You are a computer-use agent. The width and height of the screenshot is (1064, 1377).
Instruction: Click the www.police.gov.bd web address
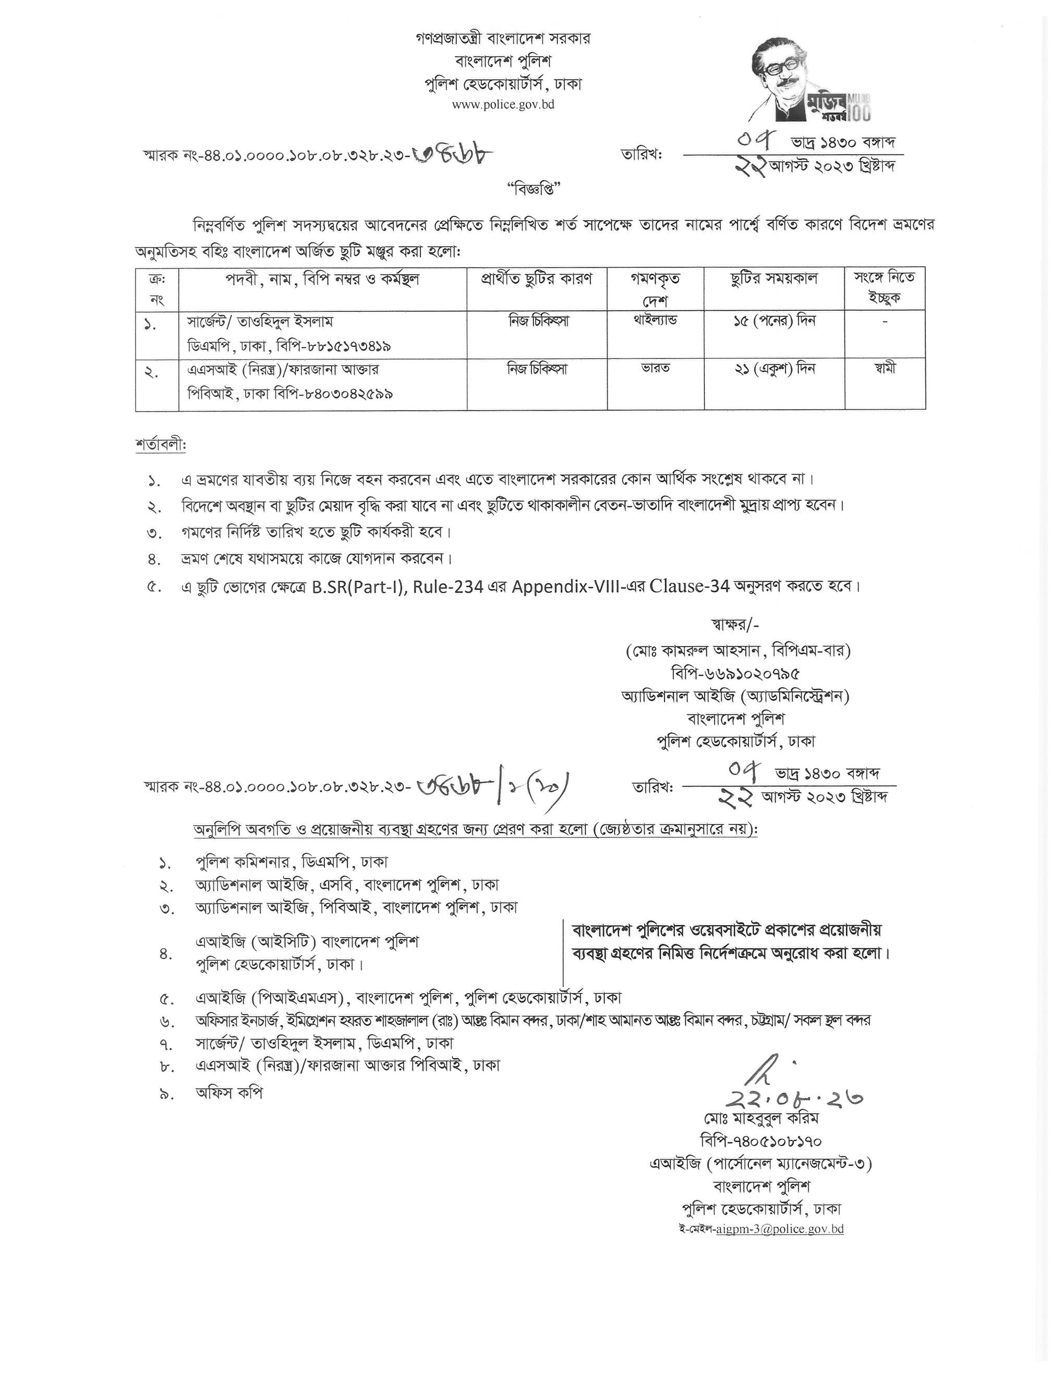click(x=502, y=105)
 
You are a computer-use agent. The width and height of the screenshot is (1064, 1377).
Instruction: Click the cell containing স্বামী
click(x=885, y=368)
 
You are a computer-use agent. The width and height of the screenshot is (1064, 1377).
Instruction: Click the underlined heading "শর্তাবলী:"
click(x=161, y=445)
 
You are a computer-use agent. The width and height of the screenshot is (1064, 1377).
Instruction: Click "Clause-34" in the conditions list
click(x=690, y=586)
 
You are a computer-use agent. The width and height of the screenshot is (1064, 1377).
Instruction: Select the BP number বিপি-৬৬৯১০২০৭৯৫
click(x=736, y=673)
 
